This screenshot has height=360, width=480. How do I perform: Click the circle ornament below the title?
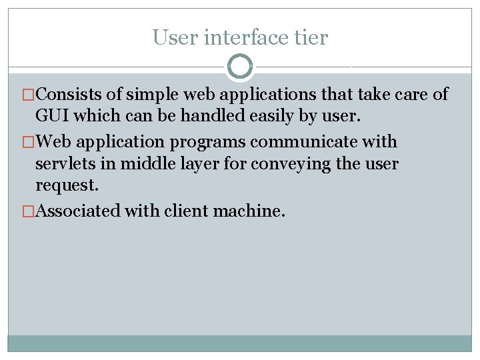(240, 67)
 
